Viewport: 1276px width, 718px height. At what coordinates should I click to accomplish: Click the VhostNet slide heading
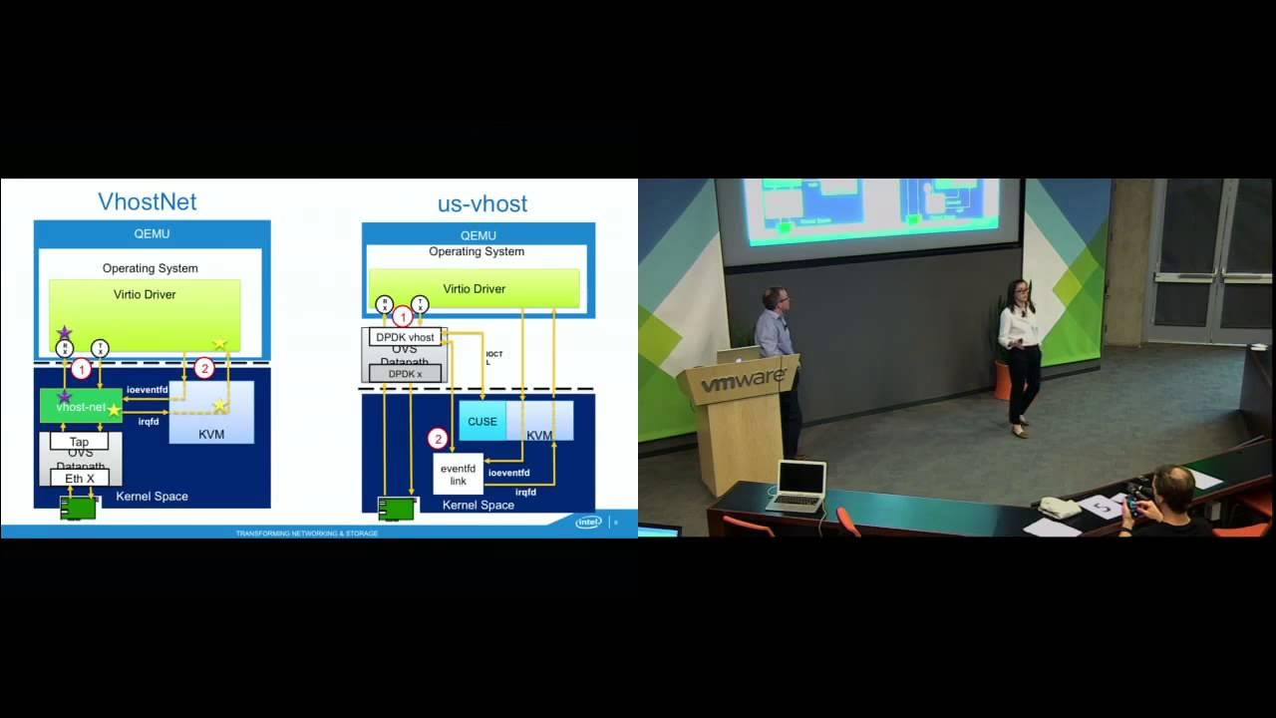coord(147,202)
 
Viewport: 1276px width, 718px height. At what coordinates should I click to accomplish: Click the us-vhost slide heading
coord(481,204)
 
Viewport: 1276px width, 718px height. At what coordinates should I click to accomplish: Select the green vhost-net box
coord(81,407)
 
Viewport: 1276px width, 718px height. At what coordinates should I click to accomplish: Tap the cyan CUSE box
coord(482,422)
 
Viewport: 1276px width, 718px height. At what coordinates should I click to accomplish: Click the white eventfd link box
coord(458,475)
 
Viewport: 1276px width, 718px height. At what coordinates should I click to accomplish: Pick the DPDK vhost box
coord(405,337)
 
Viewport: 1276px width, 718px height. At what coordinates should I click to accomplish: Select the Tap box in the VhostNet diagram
coord(79,442)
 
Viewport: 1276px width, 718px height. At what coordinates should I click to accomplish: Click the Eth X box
coord(80,479)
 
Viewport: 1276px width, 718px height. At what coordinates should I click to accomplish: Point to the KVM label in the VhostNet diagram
coord(211,435)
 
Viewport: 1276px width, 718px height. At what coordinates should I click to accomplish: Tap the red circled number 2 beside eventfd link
coord(437,439)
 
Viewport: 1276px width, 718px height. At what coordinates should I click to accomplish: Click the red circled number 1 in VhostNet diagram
coord(81,368)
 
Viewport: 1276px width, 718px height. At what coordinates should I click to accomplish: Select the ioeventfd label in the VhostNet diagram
coord(148,389)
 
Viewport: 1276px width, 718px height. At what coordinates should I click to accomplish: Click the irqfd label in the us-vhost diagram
coord(525,492)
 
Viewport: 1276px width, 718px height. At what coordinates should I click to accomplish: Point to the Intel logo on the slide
coord(588,522)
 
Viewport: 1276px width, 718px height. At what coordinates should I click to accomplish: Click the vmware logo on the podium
coord(743,382)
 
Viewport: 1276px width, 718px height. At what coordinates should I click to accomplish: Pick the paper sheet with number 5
coord(1103,508)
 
